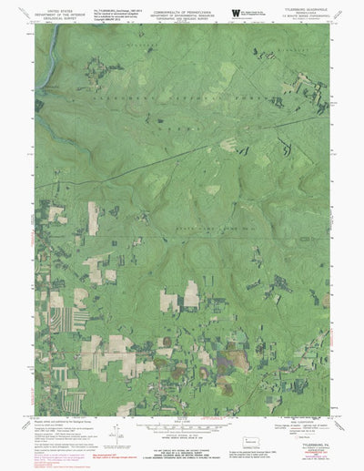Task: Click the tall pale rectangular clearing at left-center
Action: tap(93, 219)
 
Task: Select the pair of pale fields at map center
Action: tap(179, 296)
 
